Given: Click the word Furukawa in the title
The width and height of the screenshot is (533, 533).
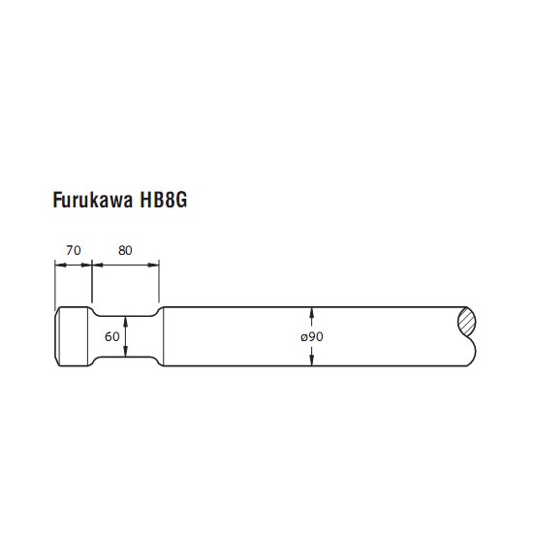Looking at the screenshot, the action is [x=92, y=200].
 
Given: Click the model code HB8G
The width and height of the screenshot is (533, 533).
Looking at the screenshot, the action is [x=164, y=200].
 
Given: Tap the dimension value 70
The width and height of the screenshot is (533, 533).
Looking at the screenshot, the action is [x=74, y=251].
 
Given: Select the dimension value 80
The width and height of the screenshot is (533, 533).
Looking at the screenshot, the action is [x=125, y=251].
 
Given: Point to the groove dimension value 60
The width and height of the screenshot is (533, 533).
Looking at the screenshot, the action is [x=112, y=336].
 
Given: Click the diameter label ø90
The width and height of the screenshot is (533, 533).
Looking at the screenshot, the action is [x=312, y=336].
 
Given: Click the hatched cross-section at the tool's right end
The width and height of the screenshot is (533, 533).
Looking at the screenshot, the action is [x=467, y=323].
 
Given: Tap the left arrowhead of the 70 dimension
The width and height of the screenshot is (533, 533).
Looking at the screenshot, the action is [x=60, y=265].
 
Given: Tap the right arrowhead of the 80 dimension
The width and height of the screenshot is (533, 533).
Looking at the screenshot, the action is [x=154, y=265].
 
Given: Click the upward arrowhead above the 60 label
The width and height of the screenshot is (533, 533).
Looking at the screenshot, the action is [x=126, y=322].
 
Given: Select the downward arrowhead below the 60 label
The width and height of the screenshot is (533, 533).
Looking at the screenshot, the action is [x=126, y=351].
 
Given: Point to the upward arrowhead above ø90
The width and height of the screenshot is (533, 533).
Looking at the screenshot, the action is [x=312, y=313].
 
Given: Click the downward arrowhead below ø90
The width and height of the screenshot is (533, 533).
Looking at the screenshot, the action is [x=312, y=360].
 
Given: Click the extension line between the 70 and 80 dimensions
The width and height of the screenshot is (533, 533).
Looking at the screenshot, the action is [x=92, y=281].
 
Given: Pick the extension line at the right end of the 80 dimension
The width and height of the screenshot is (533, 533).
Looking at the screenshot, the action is [x=159, y=281].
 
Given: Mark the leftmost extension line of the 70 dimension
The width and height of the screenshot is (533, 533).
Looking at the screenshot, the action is [x=55, y=286].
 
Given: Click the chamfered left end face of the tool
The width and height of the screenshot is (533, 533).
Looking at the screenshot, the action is [x=57, y=336].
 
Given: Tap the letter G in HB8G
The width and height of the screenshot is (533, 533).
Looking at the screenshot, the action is [x=181, y=200].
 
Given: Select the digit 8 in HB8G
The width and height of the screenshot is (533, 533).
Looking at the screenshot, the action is [x=169, y=200].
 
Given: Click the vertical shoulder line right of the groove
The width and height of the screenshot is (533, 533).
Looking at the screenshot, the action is [x=164, y=336].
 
